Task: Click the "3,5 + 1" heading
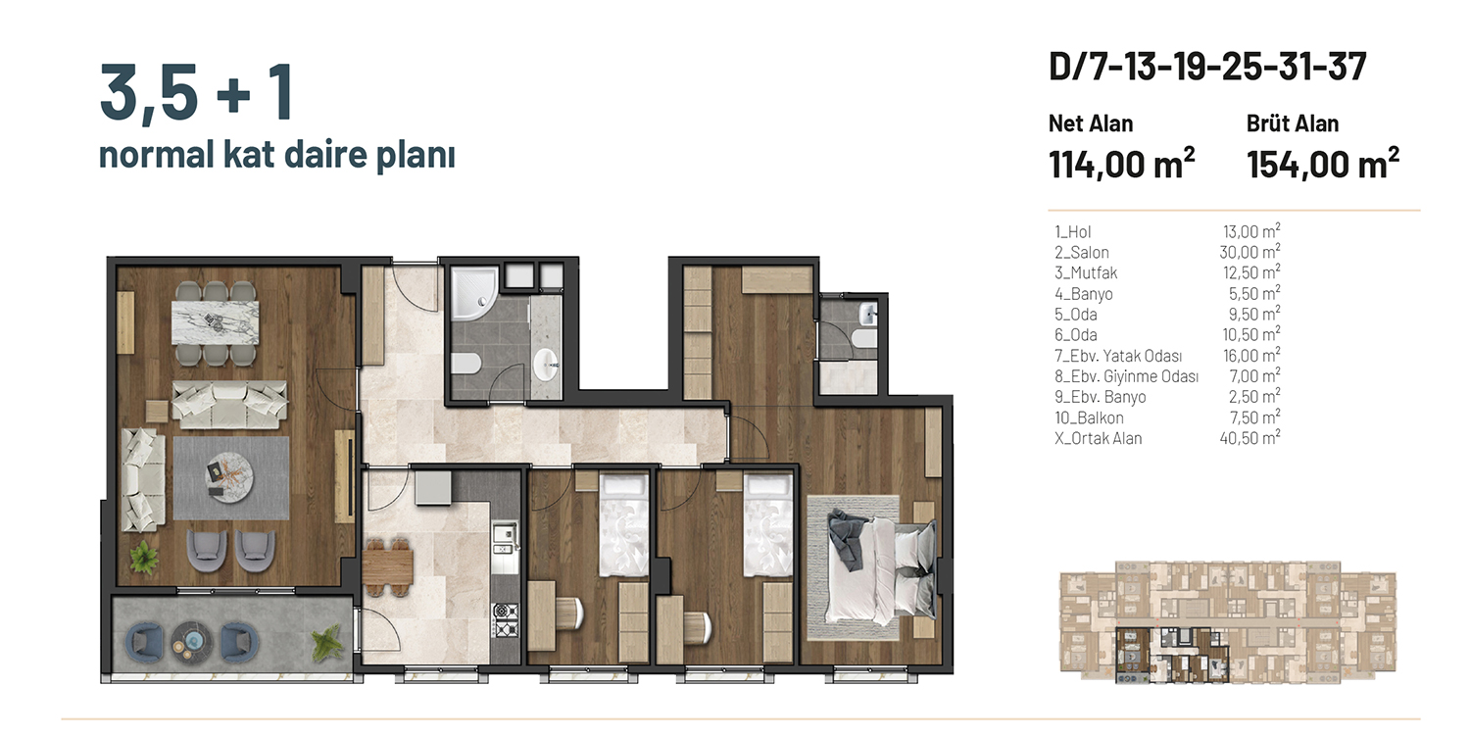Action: coord(196,91)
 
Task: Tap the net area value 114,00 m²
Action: coord(1121,163)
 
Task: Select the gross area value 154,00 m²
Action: coord(1323,163)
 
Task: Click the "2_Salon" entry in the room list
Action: coord(1082,253)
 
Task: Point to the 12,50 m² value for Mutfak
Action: coord(1250,272)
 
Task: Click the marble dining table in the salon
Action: coord(216,321)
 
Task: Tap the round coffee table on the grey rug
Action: coord(226,477)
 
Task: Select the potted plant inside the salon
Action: coord(144,558)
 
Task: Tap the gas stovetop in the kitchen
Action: coord(506,620)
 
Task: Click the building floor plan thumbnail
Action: coord(1227,622)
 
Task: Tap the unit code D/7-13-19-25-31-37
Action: coord(1207,67)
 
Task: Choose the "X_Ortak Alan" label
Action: coord(1098,439)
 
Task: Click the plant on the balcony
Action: coord(326,642)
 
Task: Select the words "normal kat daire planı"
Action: coord(276,155)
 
